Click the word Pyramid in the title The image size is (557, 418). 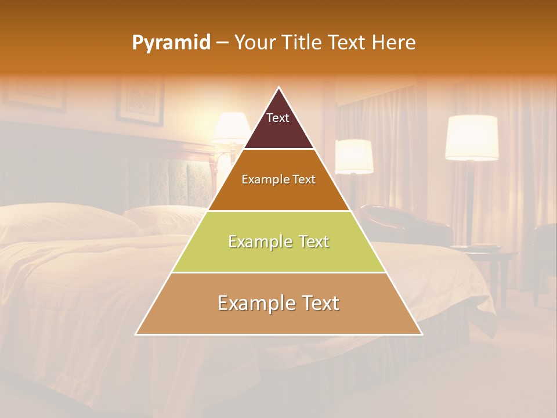pos(171,43)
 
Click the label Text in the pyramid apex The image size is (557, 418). pos(278,118)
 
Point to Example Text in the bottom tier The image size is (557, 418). pos(278,303)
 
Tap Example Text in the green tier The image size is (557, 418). pos(278,242)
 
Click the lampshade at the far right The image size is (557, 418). pos(472,137)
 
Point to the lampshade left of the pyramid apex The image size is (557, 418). pos(232,128)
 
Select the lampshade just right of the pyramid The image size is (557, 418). pos(354,156)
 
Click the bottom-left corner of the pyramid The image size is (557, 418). pos(136,334)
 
